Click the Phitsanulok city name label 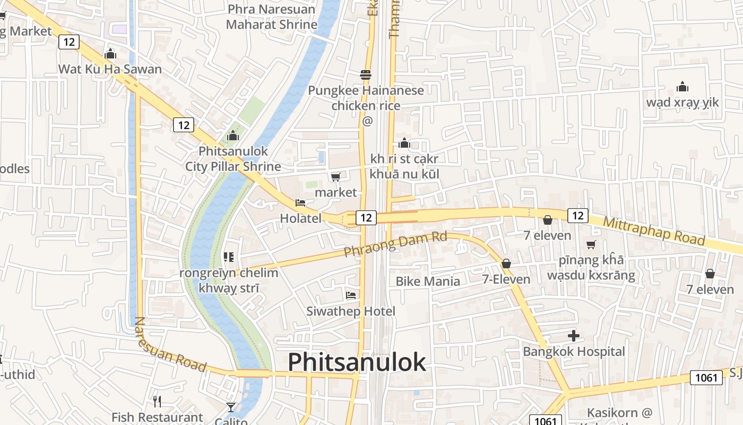tap(357, 362)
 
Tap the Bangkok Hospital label tap(574, 352)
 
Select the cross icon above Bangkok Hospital tap(574, 336)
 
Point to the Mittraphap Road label tap(654, 229)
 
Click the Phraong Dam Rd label tap(395, 244)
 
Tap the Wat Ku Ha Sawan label tap(110, 69)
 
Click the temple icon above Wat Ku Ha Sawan tap(110, 54)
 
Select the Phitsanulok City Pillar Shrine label tap(233, 159)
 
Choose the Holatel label tap(300, 218)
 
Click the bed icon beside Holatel tap(300, 203)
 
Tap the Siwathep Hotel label tap(351, 311)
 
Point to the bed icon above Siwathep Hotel tap(351, 295)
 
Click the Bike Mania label tap(428, 281)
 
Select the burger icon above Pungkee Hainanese tap(366, 75)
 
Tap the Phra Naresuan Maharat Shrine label tap(272, 17)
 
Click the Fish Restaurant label tap(157, 418)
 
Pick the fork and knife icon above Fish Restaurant tap(157, 401)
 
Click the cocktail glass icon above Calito tap(231, 407)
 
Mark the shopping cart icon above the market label tap(335, 177)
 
